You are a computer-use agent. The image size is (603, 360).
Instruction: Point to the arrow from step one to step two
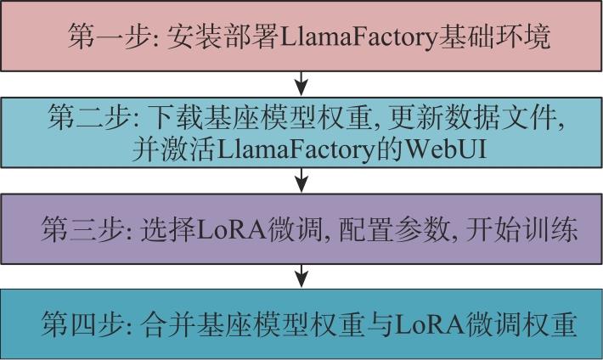tap(301, 83)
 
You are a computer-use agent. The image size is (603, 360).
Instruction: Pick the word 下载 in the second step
tap(175, 117)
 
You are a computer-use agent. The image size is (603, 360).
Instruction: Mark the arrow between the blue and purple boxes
tap(301, 179)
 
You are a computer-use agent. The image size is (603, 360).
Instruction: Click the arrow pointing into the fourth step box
tap(301, 276)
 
